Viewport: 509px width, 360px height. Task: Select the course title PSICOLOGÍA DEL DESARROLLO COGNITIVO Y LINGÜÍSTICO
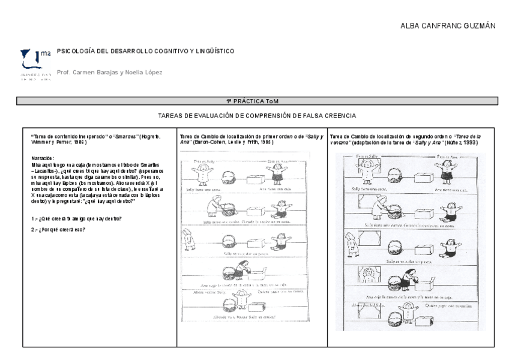[x=145, y=52]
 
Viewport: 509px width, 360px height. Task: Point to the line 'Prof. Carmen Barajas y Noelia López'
[x=109, y=73]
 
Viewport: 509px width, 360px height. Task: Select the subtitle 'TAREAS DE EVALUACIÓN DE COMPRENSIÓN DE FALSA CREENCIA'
[x=257, y=115]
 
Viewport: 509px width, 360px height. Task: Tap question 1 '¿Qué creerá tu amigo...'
[x=77, y=218]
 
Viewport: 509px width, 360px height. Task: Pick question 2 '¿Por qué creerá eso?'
[x=59, y=229]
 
